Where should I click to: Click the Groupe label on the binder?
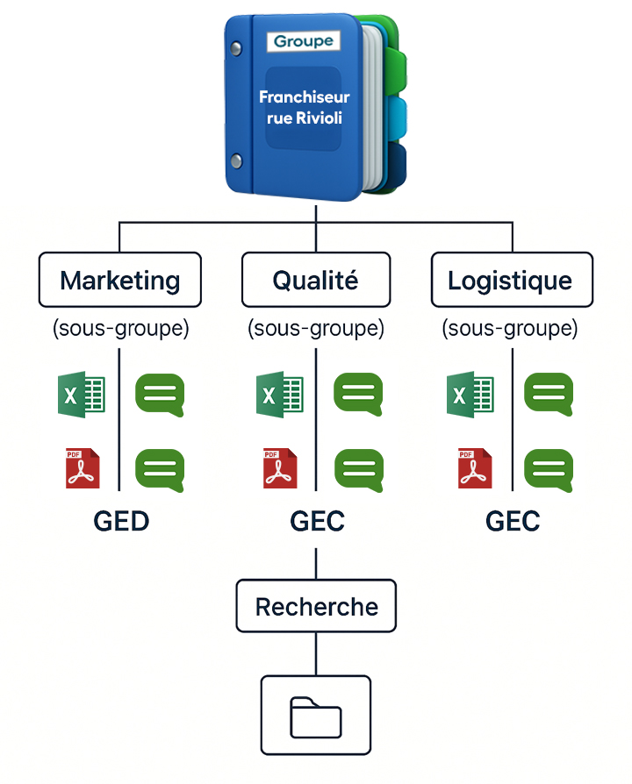[304, 41]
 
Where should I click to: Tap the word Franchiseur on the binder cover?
[304, 97]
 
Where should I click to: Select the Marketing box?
[120, 281]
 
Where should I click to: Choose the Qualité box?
[316, 281]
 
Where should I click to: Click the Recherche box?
[316, 607]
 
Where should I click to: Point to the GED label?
[121, 521]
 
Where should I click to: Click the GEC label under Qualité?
[317, 521]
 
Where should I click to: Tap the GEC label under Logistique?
[513, 521]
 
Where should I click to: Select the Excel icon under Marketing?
[81, 395]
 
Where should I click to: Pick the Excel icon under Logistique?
[470, 395]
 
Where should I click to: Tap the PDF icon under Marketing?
[83, 467]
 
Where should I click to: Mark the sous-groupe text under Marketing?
[121, 329]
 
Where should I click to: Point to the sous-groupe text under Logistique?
[510, 329]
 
